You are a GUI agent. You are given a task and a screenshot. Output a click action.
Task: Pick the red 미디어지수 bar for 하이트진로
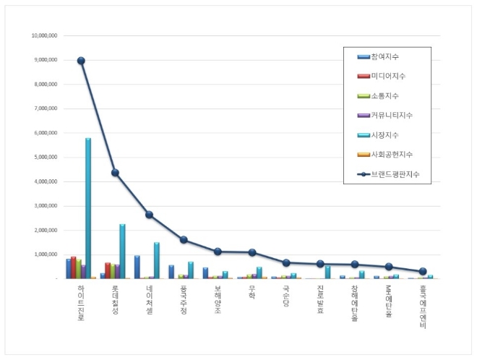click(x=73, y=267)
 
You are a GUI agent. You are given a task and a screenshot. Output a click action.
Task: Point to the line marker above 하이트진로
click(x=81, y=61)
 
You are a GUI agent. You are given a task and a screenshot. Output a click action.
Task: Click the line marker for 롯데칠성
click(x=115, y=173)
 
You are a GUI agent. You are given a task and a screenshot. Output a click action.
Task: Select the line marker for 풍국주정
click(x=183, y=239)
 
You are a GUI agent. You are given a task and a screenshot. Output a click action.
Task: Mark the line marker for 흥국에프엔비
click(x=423, y=271)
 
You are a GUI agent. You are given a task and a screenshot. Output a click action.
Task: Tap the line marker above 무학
click(x=252, y=252)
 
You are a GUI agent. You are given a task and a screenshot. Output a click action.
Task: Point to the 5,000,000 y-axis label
click(x=46, y=157)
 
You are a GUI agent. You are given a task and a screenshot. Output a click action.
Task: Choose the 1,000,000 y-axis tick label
click(x=46, y=254)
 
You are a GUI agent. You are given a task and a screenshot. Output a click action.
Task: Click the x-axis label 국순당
click(x=286, y=299)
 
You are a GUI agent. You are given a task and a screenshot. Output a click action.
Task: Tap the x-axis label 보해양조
click(x=218, y=300)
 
